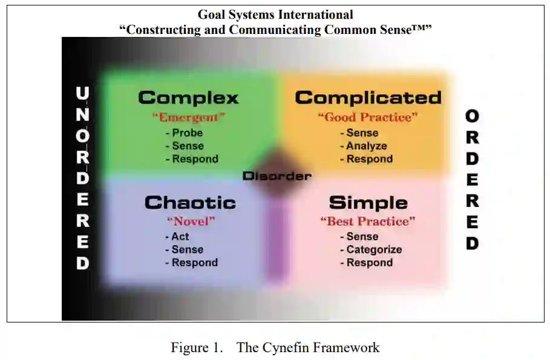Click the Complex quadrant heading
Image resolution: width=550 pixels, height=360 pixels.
point(188,97)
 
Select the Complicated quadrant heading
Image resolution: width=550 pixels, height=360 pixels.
point(368,97)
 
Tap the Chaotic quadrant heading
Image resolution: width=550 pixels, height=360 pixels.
point(190,203)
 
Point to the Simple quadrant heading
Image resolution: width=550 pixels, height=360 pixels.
point(368,203)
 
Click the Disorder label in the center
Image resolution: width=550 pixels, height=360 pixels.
point(277,176)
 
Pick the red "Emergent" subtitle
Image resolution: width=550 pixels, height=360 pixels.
point(189,117)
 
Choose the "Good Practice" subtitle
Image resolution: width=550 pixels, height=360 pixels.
point(368,117)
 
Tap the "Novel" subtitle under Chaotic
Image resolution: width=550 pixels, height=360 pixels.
point(191,221)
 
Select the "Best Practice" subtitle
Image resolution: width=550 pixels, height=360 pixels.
point(368,221)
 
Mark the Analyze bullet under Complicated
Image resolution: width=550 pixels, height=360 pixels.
point(366,146)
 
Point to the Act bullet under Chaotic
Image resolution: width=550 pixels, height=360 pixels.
point(180,237)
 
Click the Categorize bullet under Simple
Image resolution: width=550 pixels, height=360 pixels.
point(373,250)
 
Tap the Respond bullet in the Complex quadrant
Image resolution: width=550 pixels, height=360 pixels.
point(194,159)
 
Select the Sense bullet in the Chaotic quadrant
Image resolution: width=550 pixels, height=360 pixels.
point(187,250)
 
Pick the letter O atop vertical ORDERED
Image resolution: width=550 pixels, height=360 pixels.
point(472,116)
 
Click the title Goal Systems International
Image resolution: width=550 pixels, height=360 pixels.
point(275,15)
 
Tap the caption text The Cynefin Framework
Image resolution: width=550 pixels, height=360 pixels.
point(308,347)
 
